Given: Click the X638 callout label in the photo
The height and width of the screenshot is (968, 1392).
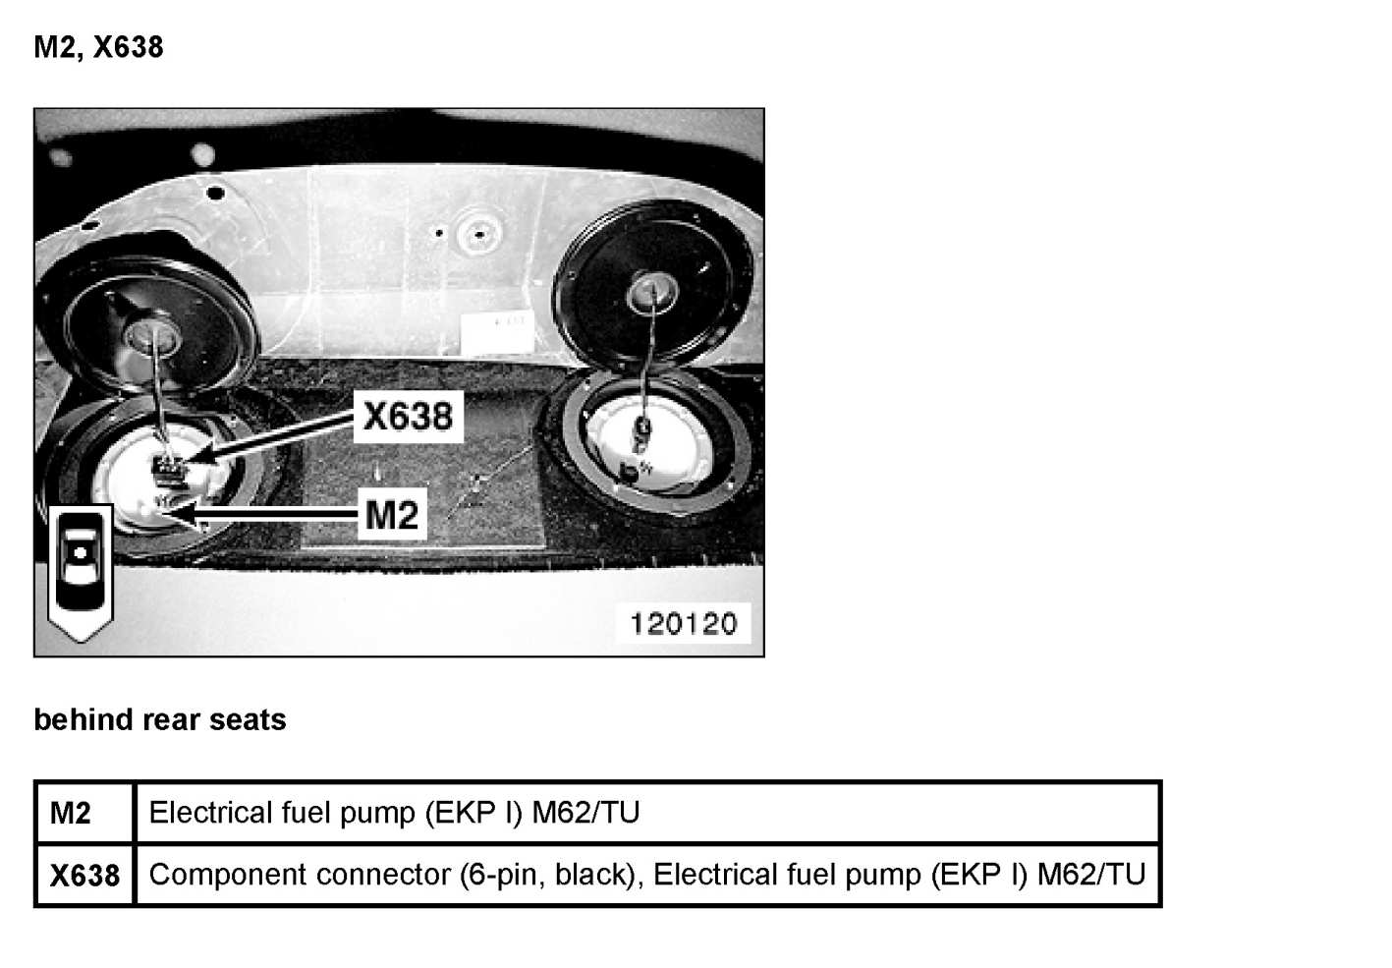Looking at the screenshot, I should coord(408,416).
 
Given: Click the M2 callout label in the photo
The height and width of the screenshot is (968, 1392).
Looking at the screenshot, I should coord(391,514).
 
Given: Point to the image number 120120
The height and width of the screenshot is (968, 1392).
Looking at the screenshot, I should coord(683,623).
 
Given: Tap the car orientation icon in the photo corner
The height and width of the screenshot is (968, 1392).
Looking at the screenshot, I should coord(82,570).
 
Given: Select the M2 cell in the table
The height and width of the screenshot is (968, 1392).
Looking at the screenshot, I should coord(71,814).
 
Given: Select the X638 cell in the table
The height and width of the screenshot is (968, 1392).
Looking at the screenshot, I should coord(84,875).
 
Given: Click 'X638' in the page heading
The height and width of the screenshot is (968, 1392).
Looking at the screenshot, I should coord(128,47).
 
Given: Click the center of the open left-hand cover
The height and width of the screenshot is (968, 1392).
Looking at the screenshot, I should coord(150,334).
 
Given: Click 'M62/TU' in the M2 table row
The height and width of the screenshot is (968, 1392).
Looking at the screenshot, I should coord(585,813).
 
